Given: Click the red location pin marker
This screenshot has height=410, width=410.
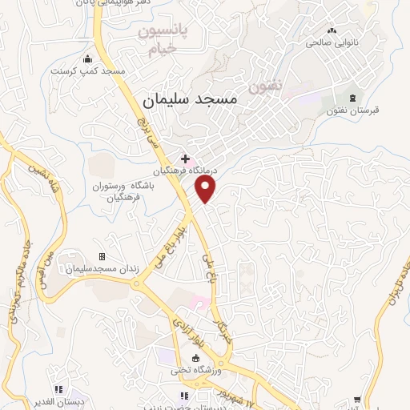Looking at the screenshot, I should point(207,188).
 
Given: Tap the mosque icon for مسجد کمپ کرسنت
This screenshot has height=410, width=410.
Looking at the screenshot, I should point(88,58).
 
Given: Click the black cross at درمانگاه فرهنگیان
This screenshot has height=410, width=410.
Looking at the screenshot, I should point(185,159).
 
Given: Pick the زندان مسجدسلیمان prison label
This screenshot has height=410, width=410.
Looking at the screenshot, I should point(102,269).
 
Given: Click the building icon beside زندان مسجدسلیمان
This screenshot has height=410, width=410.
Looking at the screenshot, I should point(102,256).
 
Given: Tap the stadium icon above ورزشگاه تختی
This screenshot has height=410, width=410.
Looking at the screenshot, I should point(195,358).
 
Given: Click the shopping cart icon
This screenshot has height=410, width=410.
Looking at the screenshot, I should point(356,398).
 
